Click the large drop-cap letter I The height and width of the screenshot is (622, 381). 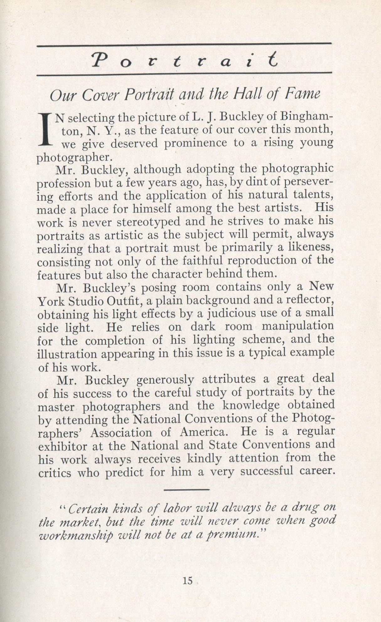point(46,129)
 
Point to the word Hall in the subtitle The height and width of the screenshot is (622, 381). point(245,94)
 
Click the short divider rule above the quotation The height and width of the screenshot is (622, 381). point(186,489)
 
